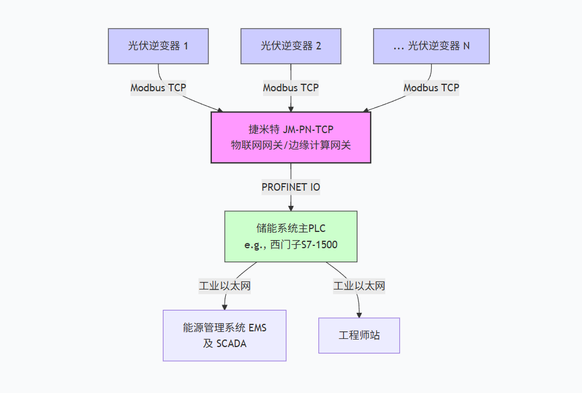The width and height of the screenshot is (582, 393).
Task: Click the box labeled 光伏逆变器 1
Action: coord(158,46)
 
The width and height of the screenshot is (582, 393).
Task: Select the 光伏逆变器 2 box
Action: coord(291,46)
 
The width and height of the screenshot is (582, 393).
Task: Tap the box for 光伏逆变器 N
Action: coord(431,46)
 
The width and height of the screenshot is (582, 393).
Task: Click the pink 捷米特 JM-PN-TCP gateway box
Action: coord(291,137)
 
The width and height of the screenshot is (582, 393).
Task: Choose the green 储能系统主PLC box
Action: coord(291,237)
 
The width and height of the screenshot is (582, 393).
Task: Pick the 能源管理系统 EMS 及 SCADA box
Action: coord(225,335)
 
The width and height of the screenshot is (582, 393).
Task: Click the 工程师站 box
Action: coord(359,335)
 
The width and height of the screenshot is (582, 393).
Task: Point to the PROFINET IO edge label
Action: coord(291,187)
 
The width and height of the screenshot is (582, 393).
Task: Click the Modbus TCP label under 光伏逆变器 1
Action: coord(158,88)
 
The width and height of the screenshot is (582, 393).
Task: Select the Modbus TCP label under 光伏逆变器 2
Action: coord(291,88)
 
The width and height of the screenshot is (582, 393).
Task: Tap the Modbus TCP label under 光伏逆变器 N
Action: coord(431,88)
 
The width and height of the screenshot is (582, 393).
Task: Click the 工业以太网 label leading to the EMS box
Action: coord(225,286)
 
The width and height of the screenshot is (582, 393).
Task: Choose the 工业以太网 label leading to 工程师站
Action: coord(359,286)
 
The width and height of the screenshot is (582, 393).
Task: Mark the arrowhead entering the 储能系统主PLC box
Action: coord(291,207)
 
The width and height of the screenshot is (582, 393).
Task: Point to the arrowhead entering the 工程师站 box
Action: coord(359,314)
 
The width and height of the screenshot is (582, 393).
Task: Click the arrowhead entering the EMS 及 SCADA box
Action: coord(225,306)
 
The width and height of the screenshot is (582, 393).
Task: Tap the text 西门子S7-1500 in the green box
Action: coord(303,245)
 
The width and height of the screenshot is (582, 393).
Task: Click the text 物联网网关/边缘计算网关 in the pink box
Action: coord(291,145)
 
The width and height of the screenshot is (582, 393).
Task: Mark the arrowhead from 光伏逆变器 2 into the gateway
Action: coord(291,108)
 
